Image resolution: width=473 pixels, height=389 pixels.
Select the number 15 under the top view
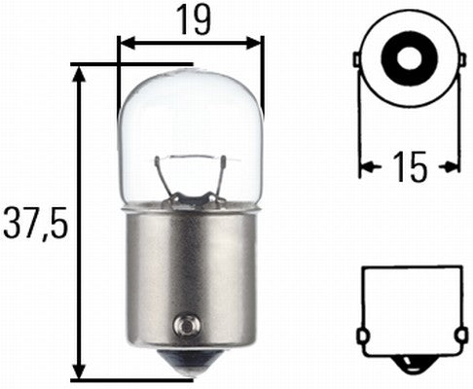(411, 167)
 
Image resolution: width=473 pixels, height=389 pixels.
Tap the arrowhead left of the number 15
(368, 167)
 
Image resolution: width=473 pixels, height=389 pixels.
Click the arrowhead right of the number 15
(453, 167)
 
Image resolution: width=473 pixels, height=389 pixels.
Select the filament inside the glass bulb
(191, 175)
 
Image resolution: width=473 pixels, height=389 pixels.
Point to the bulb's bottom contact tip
(191, 370)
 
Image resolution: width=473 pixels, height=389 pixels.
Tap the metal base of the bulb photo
(191, 272)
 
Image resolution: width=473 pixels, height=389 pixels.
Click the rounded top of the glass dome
(191, 73)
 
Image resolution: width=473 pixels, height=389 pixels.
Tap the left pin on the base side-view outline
(363, 336)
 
